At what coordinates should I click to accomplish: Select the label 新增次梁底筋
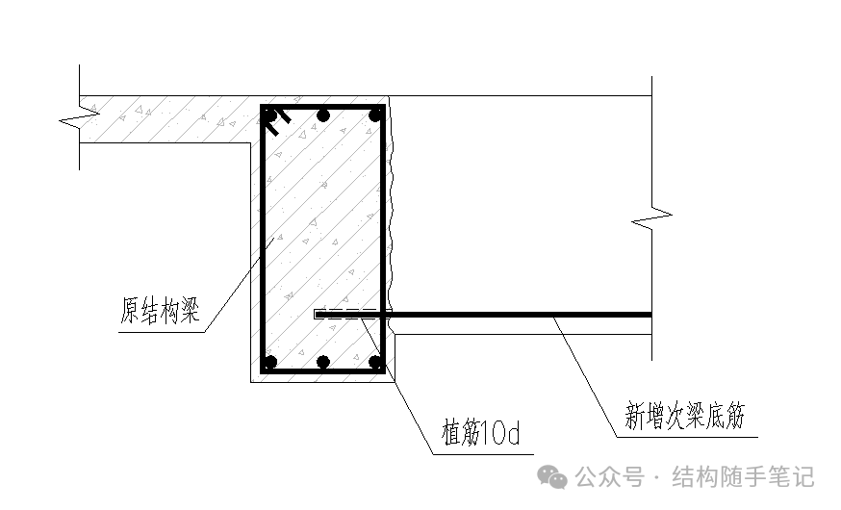point(685,417)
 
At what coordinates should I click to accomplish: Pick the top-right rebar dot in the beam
point(375,115)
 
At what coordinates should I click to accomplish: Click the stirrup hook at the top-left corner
point(277,121)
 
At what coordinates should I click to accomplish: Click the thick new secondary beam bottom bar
point(520,314)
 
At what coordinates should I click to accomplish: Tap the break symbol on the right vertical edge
point(652,218)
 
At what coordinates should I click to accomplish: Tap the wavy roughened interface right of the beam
point(391,212)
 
